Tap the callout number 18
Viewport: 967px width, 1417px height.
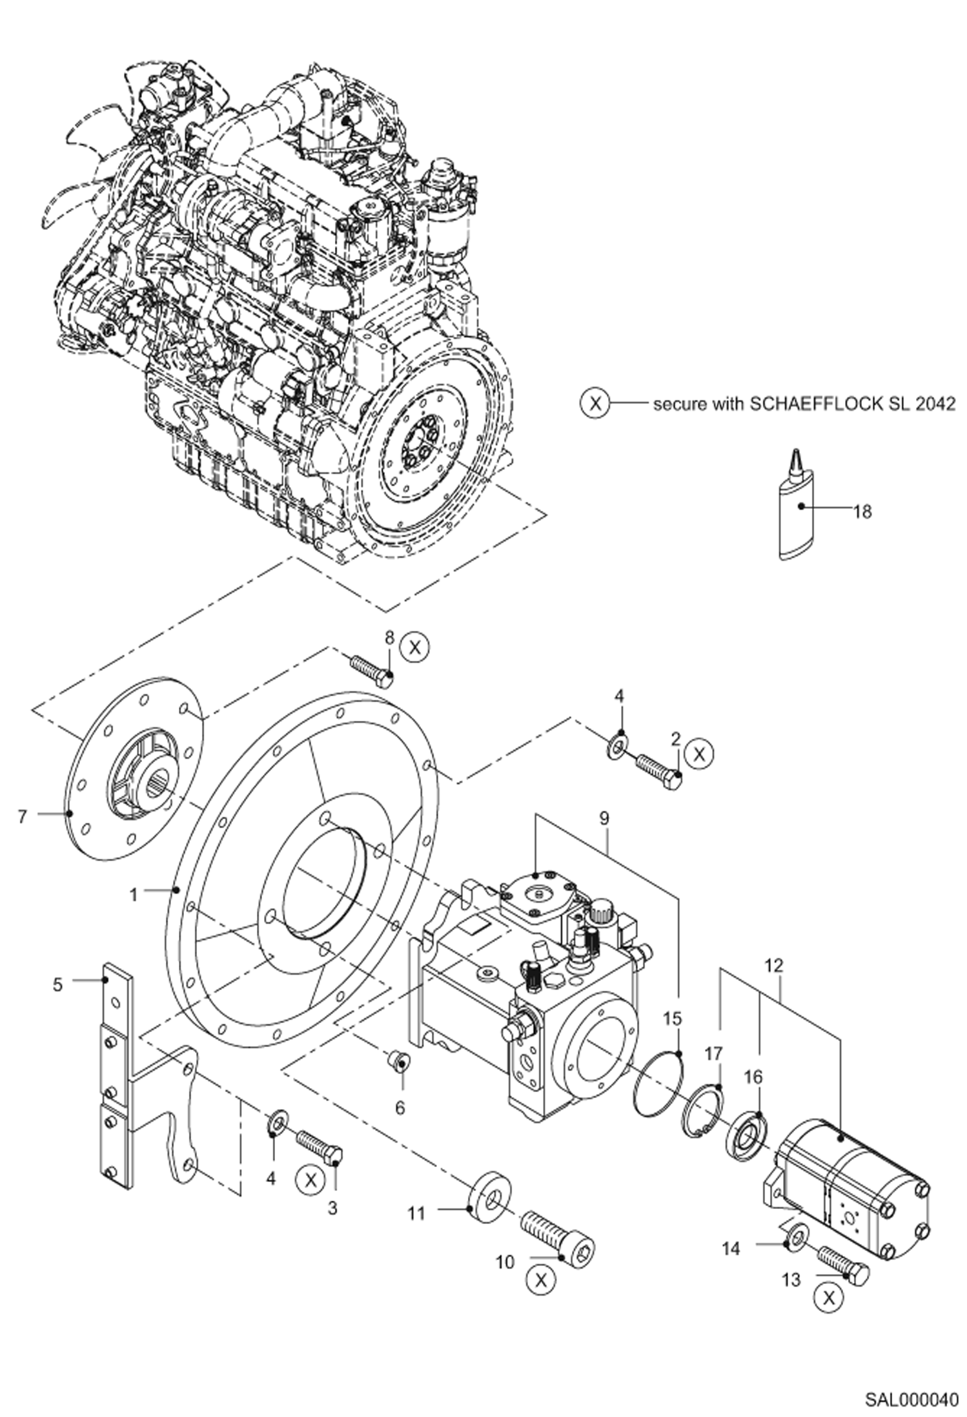click(862, 512)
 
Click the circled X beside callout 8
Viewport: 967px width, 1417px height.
click(414, 646)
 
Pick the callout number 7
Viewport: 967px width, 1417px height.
click(23, 817)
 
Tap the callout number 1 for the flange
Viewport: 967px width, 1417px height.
click(134, 895)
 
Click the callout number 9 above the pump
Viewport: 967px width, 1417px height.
click(604, 818)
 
